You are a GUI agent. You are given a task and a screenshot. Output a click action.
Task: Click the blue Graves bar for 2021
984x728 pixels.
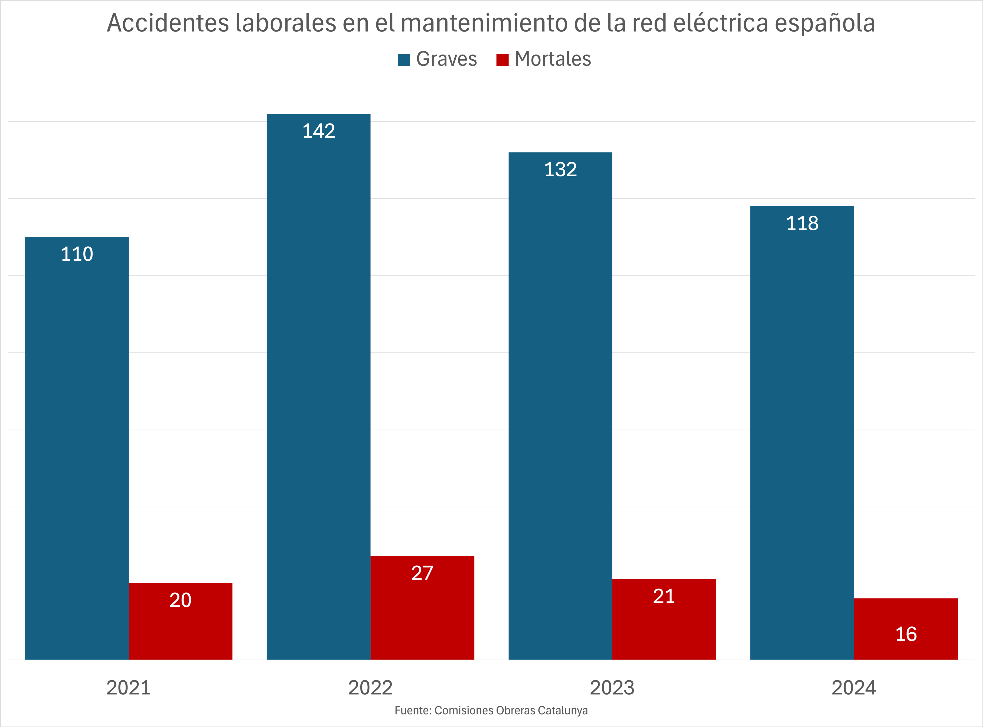click(x=77, y=448)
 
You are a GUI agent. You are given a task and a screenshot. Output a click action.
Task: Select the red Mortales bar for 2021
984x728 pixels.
click(x=180, y=621)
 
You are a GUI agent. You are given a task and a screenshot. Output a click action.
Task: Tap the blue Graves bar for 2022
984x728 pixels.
click(x=319, y=387)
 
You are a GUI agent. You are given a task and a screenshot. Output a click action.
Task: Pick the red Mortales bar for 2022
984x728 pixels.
click(x=422, y=608)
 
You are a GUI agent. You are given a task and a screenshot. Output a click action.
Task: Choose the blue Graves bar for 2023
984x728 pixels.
click(x=560, y=406)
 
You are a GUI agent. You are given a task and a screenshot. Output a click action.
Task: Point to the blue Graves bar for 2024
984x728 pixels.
click(x=802, y=433)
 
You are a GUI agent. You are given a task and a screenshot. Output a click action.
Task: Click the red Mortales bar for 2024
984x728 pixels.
click(x=905, y=629)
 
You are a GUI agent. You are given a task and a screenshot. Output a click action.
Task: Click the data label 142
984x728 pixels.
click(x=319, y=131)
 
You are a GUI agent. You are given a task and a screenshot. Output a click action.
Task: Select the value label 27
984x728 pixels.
click(x=422, y=573)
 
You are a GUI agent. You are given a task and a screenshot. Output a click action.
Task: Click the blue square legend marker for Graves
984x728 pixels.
click(x=404, y=59)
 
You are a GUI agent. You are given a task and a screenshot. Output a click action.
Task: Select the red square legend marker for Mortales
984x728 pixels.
click(x=502, y=59)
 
